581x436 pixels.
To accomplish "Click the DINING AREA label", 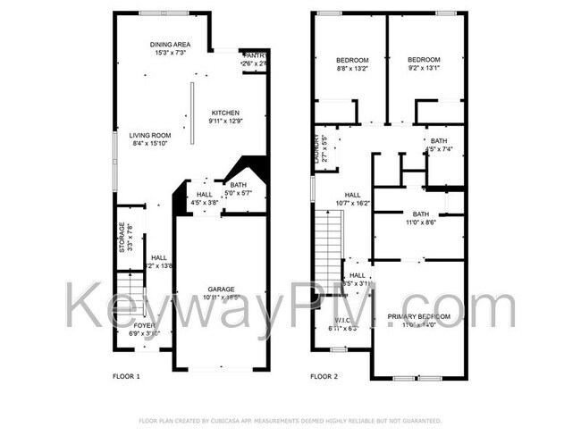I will click(x=170, y=44).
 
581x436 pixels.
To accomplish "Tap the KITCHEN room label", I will click(x=224, y=113).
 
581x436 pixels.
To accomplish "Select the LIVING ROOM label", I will click(x=150, y=135).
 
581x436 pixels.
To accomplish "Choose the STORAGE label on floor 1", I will click(x=123, y=237).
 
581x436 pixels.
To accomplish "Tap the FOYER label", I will click(x=145, y=325).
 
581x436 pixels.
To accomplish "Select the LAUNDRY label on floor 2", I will click(x=316, y=148).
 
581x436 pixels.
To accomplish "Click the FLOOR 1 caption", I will click(x=126, y=377).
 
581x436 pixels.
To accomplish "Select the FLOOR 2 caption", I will click(x=324, y=377).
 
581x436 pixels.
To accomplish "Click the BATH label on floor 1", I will click(x=238, y=185).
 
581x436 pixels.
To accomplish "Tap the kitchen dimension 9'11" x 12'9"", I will click(x=224, y=121).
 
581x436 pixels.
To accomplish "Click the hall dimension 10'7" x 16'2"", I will click(x=352, y=203).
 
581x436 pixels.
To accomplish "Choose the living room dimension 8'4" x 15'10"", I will click(x=150, y=143).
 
